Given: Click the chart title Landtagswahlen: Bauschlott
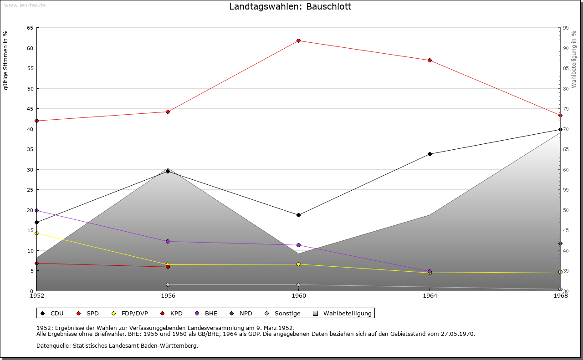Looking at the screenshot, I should [x=290, y=7].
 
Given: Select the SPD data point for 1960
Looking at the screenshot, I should [x=298, y=41].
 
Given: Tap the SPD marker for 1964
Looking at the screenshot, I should [x=430, y=61].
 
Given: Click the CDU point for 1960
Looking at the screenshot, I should [x=298, y=215].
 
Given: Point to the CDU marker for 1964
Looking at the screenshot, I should [x=430, y=154].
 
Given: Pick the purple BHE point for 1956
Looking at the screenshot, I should [x=168, y=241].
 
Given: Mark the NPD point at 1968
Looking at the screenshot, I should [x=560, y=243].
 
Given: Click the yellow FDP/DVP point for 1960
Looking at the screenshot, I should [x=298, y=264].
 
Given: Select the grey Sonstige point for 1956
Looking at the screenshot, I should [x=168, y=284].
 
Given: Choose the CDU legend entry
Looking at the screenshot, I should [x=52, y=313].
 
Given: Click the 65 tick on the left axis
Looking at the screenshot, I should [x=30, y=28].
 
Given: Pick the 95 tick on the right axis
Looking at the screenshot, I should [x=566, y=28].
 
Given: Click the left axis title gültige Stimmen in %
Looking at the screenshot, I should [x=6, y=60].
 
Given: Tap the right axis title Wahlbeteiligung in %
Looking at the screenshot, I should [x=574, y=60].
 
